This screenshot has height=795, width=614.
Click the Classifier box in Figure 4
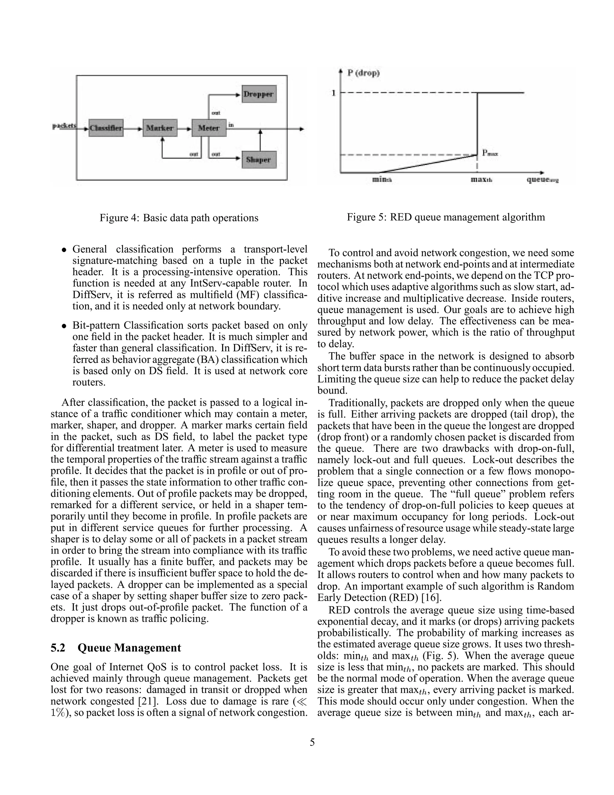pyautogui.click(x=106, y=128)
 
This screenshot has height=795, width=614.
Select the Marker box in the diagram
pyautogui.click(x=160, y=128)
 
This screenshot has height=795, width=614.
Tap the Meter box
pyautogui.click(x=209, y=128)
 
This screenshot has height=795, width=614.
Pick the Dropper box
pyautogui.click(x=259, y=94)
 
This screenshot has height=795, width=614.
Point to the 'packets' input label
pyautogui.click(x=64, y=126)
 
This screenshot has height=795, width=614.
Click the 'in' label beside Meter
pyautogui.click(x=231, y=125)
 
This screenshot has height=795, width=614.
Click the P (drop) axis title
pyautogui.click(x=363, y=73)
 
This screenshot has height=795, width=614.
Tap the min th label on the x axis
pyautogui.click(x=382, y=179)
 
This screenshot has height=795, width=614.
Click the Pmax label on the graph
pyautogui.click(x=490, y=153)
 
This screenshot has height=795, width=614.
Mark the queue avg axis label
pyautogui.click(x=542, y=179)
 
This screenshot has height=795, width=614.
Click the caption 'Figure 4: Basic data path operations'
pyautogui.click(x=179, y=218)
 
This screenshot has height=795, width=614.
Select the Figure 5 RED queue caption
pyautogui.click(x=446, y=217)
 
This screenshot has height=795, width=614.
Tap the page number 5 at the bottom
pyautogui.click(x=312, y=742)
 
